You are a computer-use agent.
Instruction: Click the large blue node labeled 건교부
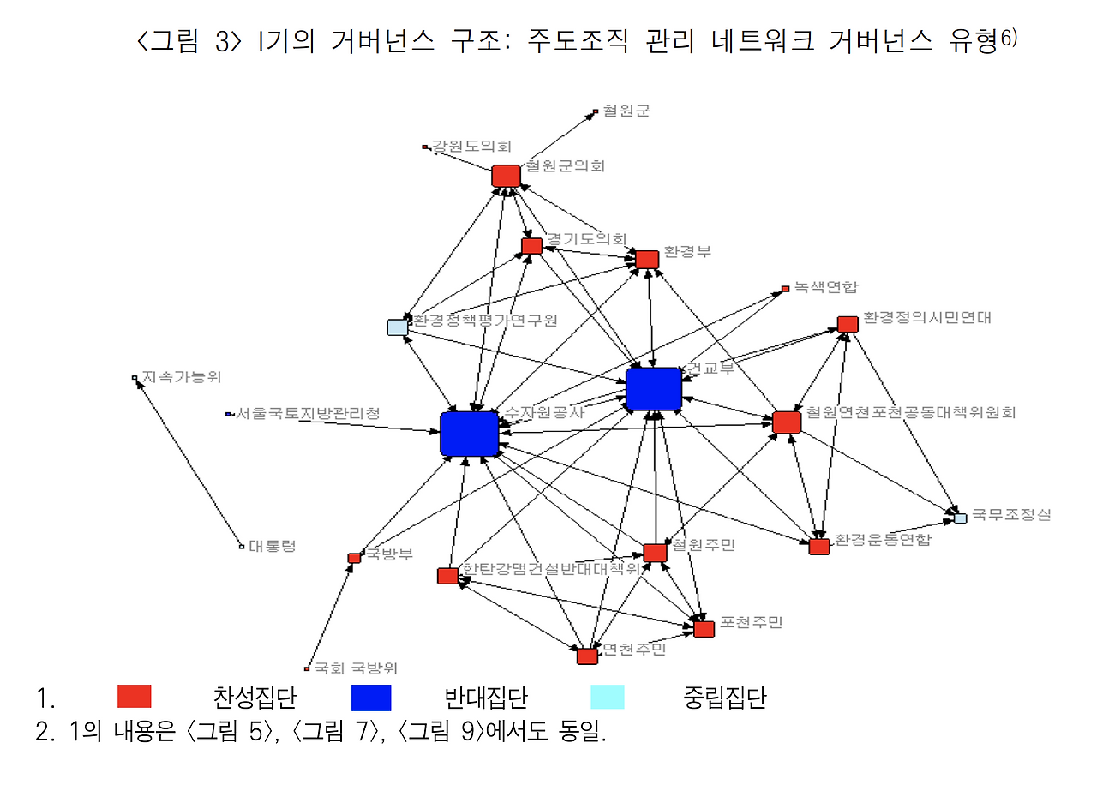tap(654, 389)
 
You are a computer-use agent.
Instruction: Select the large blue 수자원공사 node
tap(470, 434)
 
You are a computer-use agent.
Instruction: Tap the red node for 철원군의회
tap(506, 175)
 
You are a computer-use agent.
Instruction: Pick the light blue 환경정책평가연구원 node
tap(397, 327)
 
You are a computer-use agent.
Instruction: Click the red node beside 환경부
tap(647, 259)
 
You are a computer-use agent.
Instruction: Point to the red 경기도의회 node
tap(531, 246)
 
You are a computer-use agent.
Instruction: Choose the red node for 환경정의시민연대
tap(848, 324)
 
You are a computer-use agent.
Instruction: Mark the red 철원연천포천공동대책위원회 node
tap(786, 422)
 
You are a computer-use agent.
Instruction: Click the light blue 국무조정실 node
tap(961, 518)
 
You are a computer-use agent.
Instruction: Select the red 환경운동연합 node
tap(819, 547)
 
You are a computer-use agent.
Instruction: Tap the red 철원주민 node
tap(655, 553)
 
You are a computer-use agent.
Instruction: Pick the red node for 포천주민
tap(704, 629)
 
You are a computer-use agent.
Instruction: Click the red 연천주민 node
tap(587, 656)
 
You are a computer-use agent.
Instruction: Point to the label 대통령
tap(272, 545)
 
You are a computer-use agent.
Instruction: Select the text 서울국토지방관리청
tap(308, 413)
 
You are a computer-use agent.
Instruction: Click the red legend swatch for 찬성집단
tap(135, 697)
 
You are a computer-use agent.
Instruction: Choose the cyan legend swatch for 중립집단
tap(608, 697)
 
